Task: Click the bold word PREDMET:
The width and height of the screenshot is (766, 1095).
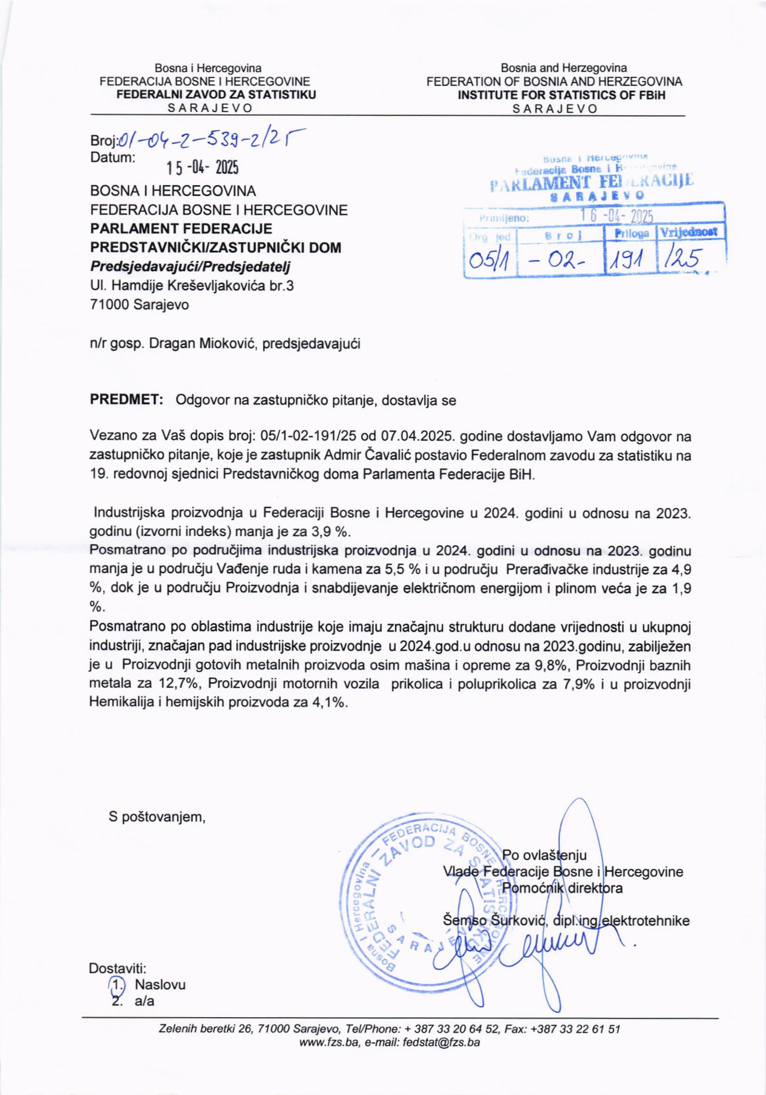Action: (127, 400)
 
